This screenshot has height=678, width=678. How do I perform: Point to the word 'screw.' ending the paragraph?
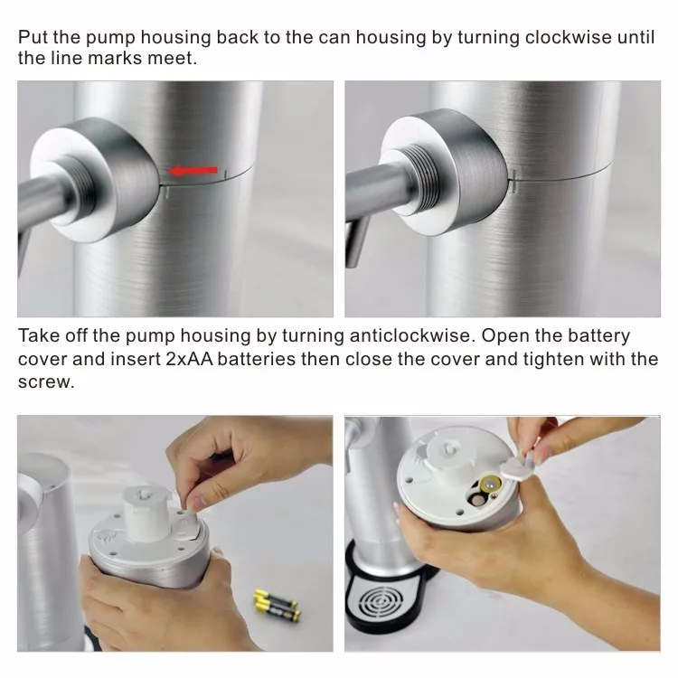tap(44, 381)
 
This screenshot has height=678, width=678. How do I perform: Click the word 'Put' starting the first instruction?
tap(32, 37)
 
